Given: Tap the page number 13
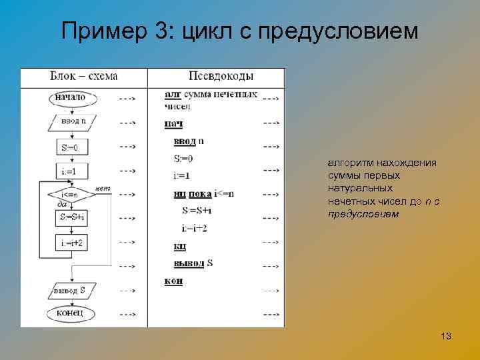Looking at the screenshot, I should (x=446, y=337).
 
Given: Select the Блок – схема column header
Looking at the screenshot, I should (x=84, y=76).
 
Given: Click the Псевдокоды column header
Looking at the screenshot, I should (x=221, y=76).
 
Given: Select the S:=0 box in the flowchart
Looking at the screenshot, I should (x=70, y=147).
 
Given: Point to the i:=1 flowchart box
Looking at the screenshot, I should (x=70, y=171).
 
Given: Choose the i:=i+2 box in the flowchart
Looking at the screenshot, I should (x=71, y=243).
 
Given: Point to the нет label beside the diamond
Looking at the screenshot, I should (x=103, y=187).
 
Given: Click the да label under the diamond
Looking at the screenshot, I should (x=62, y=205).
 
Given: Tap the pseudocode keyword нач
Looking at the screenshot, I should (x=173, y=123).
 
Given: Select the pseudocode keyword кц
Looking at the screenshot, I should (x=179, y=247).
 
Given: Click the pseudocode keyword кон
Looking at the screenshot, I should (x=173, y=281).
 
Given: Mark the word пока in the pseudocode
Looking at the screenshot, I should (x=200, y=194).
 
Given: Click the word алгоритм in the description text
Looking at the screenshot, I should (x=349, y=163).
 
